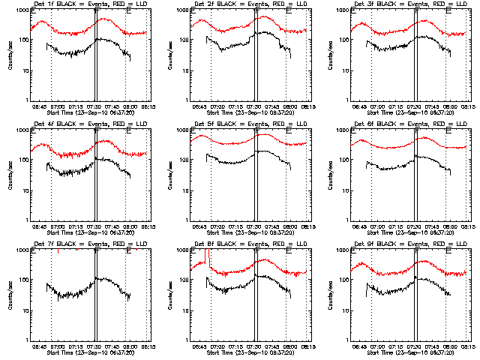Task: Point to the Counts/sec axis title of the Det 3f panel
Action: coord(331,55)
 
